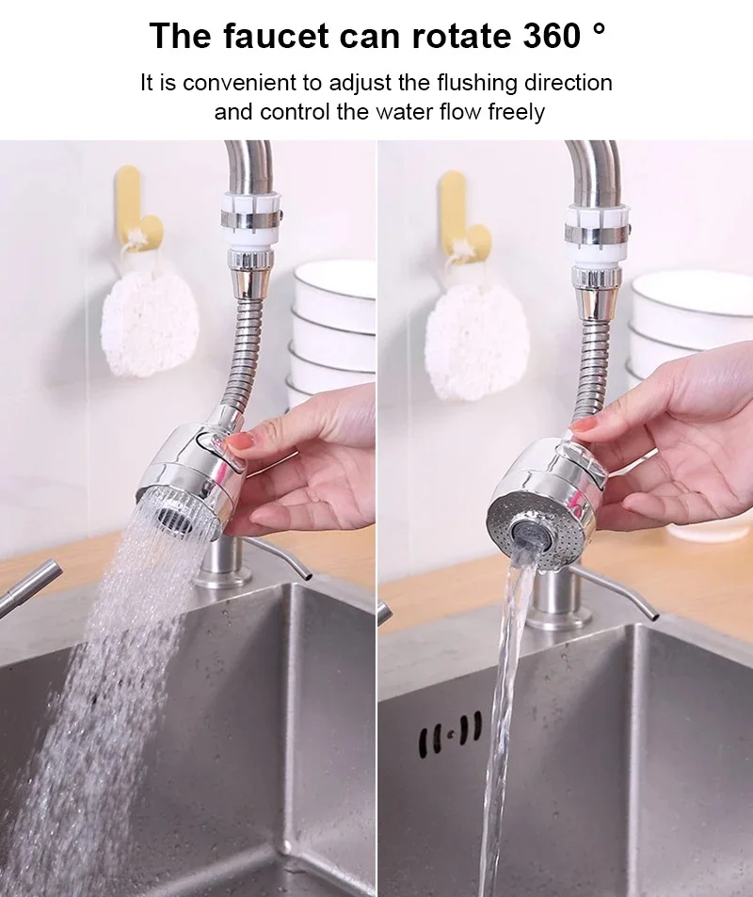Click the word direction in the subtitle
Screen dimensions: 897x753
(564, 83)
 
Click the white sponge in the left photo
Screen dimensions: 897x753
(149, 323)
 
